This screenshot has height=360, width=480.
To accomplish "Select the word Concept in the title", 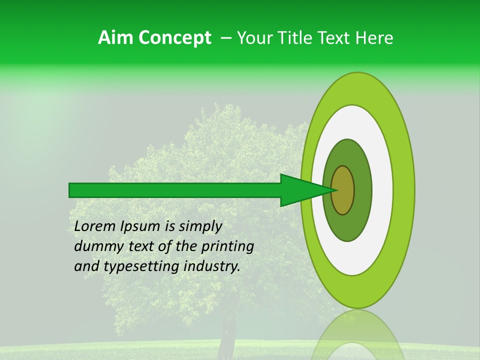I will click(175, 38).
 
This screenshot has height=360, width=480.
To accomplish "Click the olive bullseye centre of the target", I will click(342, 190).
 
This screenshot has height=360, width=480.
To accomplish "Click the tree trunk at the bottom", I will click(228, 332).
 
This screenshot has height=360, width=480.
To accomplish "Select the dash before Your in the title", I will click(226, 38).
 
